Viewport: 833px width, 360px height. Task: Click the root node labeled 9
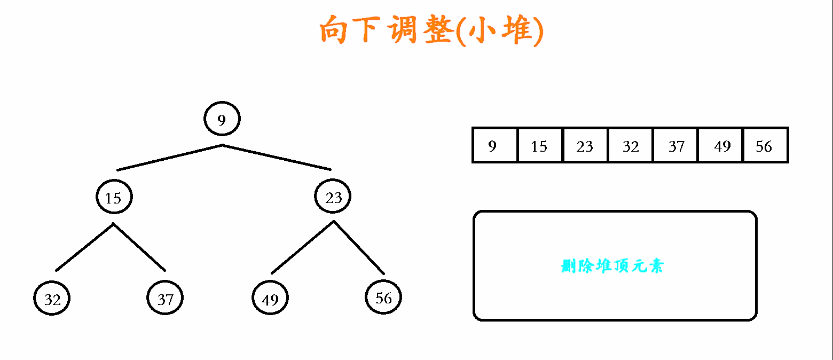222,119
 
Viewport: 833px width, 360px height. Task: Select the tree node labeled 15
113,197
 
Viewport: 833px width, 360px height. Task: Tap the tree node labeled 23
333,197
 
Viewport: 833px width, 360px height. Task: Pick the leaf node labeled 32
52,299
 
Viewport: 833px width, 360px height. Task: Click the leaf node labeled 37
165,299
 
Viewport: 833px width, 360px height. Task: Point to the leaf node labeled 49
270,299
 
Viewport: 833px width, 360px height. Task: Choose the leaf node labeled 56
383,298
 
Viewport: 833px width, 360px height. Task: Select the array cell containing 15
539,145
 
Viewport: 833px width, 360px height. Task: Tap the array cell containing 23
585,145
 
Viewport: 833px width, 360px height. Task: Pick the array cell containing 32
630,145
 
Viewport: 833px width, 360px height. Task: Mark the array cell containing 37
675,145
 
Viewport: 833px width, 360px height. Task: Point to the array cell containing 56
765,145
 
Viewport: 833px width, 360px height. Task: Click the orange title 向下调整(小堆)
431,32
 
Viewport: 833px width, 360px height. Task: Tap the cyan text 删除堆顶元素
612,266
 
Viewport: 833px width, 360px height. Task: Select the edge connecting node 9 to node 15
170,158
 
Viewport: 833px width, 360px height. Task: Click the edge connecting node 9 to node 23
277,158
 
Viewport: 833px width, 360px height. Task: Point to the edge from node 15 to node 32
84,247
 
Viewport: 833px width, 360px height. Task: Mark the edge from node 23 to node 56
359,247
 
